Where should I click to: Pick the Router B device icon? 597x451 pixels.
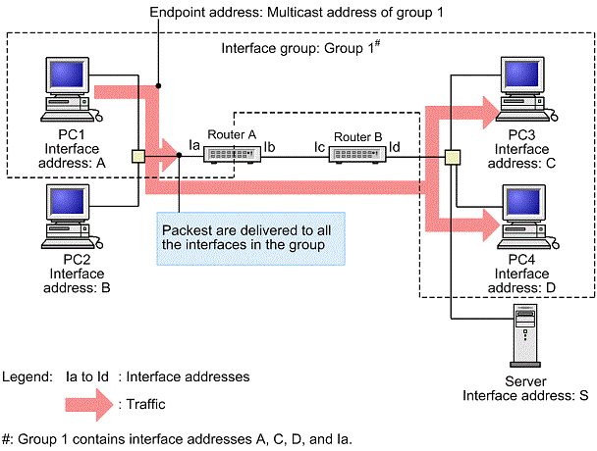coord(356,153)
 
